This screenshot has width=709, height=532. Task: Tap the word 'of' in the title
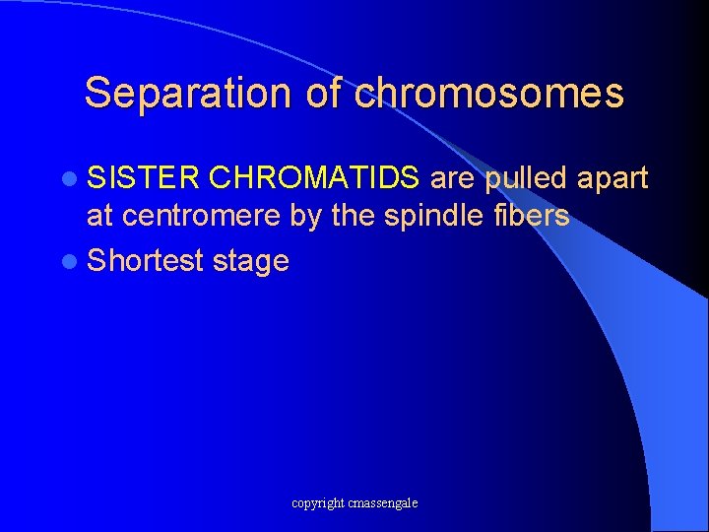[324, 93]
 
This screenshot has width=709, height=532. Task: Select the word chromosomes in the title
[489, 93]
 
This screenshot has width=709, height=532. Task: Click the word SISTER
[144, 178]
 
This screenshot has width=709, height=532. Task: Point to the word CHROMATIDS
[315, 178]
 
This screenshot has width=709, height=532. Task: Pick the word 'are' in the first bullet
[453, 179]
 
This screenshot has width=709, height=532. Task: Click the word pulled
[526, 179]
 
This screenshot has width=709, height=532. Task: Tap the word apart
[612, 179]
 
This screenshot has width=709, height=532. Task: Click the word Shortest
[145, 261]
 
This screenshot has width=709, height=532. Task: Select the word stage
[250, 262]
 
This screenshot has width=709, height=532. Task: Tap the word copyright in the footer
[318, 503]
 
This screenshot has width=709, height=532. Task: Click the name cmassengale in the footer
[383, 503]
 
